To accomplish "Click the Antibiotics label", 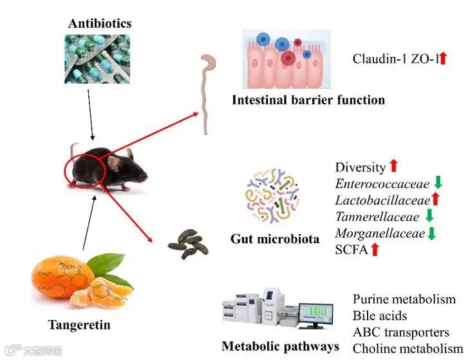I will point(100,24).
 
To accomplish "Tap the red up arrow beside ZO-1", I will point(443,59).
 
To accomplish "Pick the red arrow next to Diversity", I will point(394,166).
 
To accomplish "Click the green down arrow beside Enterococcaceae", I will point(438,184).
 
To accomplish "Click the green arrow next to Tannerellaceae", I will point(429,216).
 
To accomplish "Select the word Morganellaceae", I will point(380,232).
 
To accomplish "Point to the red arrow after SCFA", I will point(375,249).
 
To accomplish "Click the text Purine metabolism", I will point(404,299).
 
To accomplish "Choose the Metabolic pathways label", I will point(280,346).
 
